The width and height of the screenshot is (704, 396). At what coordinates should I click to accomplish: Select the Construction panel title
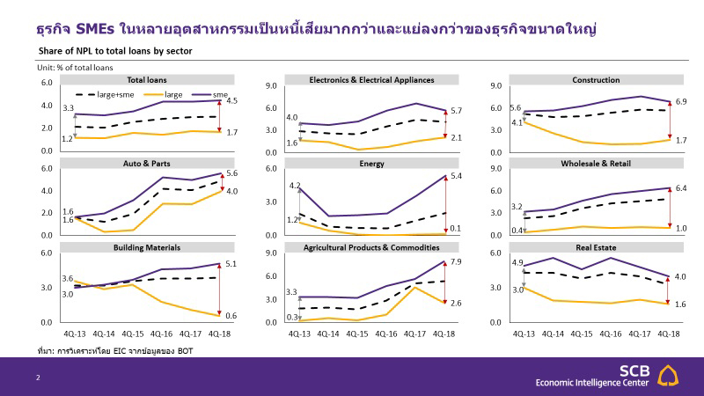pos(596,79)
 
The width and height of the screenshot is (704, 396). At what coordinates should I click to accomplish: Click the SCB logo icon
pos(674,376)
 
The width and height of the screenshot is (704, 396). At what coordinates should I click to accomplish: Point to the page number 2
pos(37,378)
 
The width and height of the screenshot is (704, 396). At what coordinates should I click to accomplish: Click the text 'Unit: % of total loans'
pos(75,67)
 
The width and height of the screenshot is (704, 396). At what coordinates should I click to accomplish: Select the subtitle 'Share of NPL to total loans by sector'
pos(115,51)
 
